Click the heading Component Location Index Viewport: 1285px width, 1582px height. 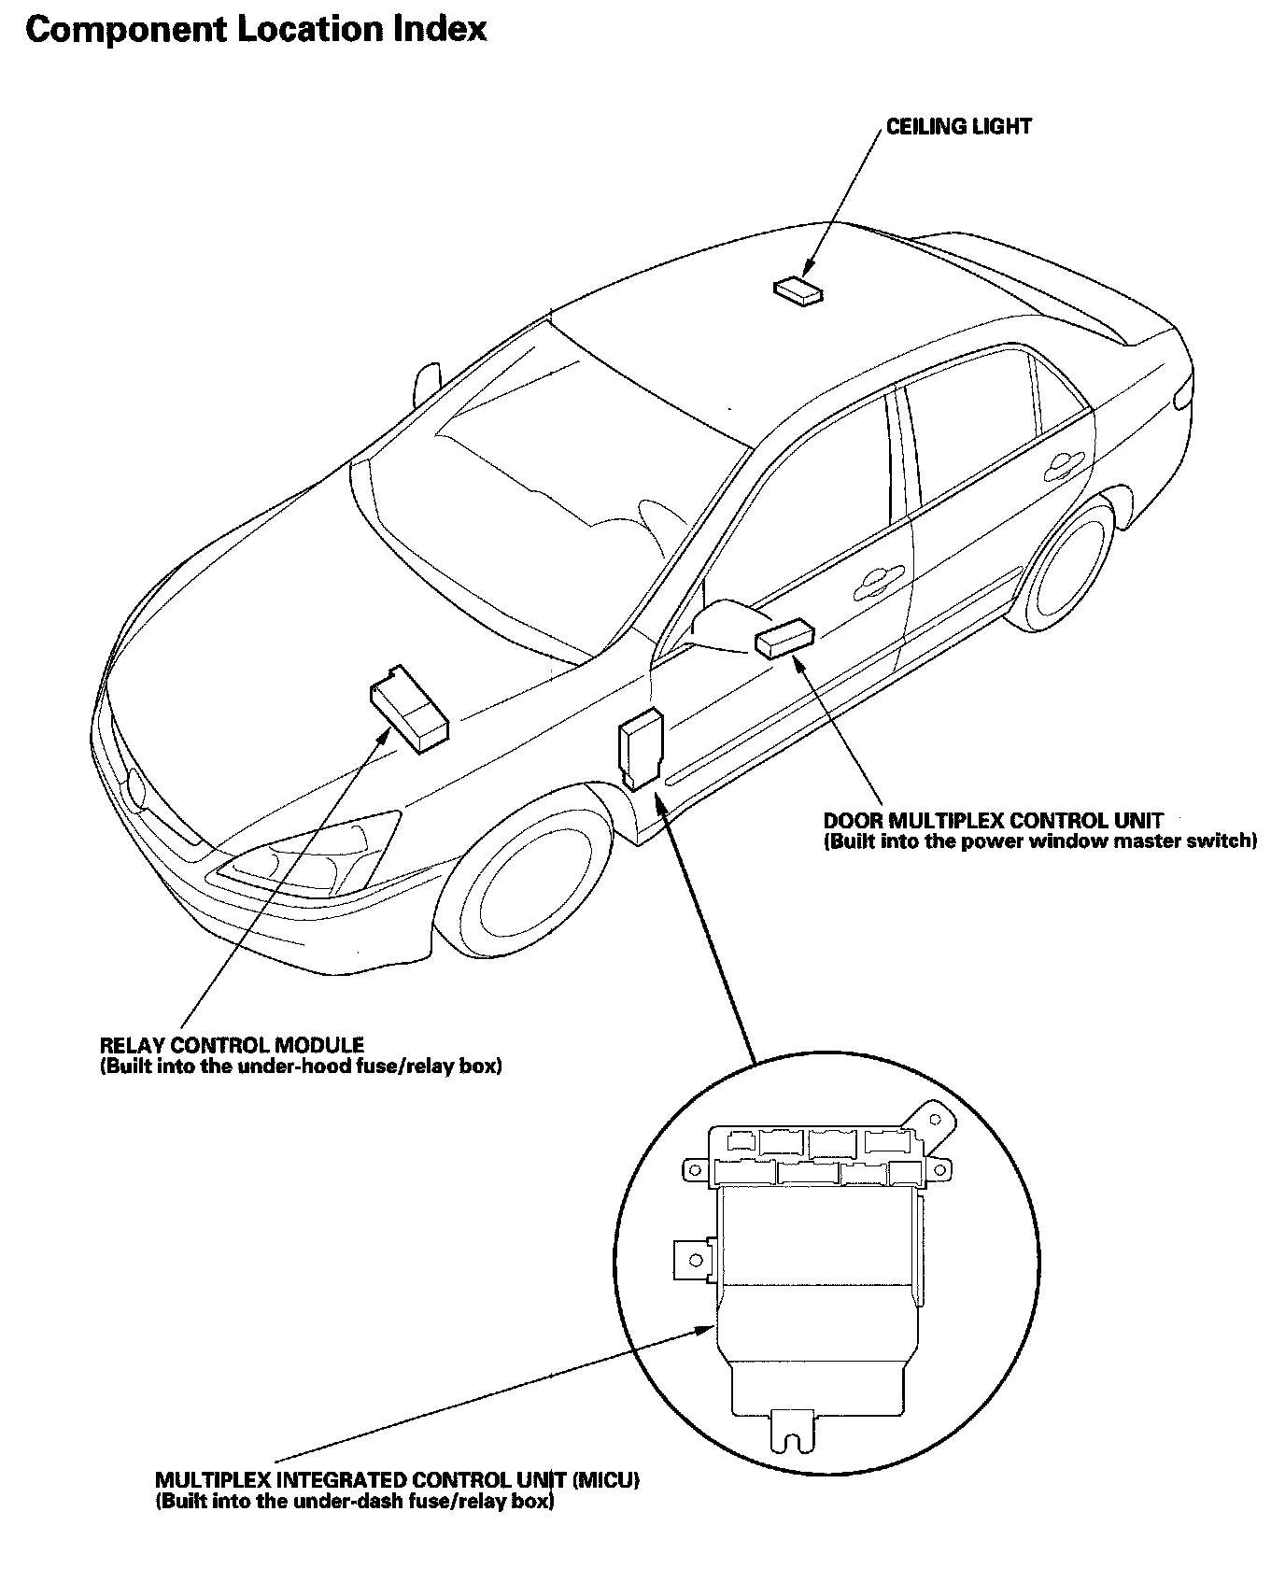point(256,30)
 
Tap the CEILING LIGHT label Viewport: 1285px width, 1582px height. point(958,127)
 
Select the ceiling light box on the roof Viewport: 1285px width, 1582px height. point(798,290)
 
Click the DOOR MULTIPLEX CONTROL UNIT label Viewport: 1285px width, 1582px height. point(993,821)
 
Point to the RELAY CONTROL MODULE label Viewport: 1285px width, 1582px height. point(232,1045)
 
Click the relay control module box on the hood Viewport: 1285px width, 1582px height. point(409,708)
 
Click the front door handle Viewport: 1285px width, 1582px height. point(875,581)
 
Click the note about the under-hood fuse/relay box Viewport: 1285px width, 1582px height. point(301,1066)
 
